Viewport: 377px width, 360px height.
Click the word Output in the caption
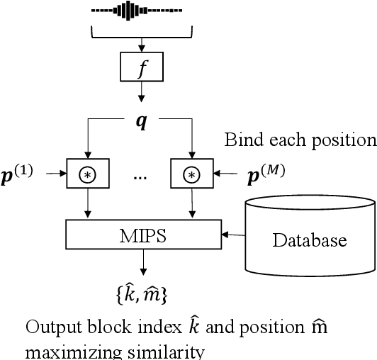(51, 329)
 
